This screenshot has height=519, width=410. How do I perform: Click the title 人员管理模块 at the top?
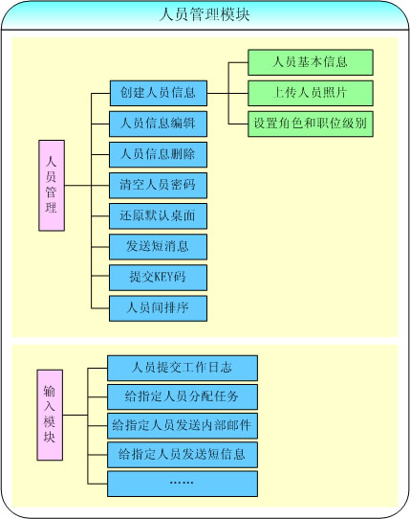point(205,15)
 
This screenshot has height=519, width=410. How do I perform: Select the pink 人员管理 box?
point(52,186)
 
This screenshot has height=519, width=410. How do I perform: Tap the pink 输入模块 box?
point(50,415)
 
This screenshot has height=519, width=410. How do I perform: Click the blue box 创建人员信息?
point(159,93)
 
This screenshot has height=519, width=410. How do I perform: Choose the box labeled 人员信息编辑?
point(159,124)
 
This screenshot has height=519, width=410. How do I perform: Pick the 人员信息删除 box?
point(159,154)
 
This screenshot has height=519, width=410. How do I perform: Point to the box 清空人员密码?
point(159,186)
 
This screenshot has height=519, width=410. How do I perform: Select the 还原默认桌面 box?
point(159,216)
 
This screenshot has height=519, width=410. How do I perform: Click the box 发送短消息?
point(159,247)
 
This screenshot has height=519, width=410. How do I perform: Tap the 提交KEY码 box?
point(159,278)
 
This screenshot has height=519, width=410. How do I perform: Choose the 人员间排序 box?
point(159,308)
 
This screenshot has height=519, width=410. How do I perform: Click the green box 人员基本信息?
point(311,62)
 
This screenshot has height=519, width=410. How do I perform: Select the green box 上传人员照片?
point(311,93)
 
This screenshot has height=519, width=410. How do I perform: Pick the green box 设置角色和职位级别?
point(311,124)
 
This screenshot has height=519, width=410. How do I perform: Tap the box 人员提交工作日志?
point(183,368)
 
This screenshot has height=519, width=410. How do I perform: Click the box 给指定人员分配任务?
point(183,396)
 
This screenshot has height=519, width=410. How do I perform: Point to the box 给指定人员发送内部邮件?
point(183,426)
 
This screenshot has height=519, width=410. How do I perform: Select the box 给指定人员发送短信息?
point(183,455)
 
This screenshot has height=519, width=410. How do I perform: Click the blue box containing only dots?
point(183,484)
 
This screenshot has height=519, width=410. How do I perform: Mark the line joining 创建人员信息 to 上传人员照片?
point(227,93)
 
